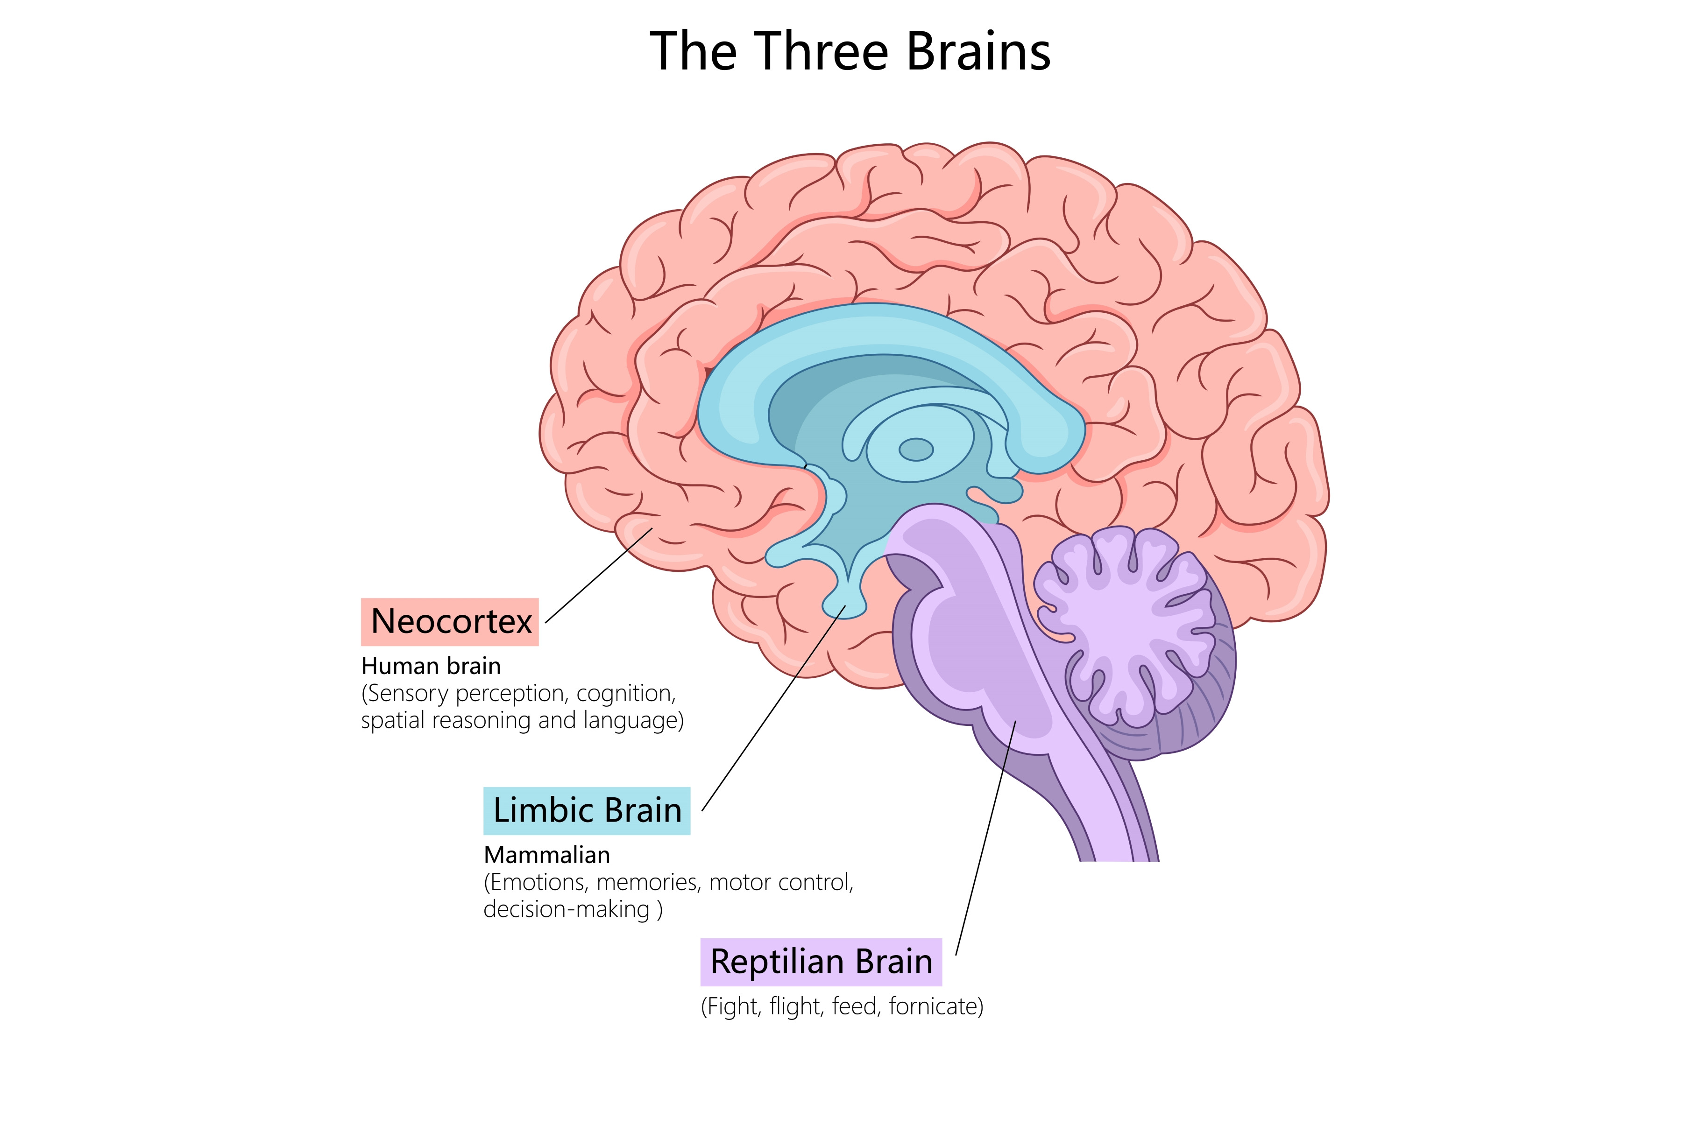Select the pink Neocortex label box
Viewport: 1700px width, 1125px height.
[x=450, y=621]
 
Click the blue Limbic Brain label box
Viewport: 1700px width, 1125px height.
[x=587, y=811]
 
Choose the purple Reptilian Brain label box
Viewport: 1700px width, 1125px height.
[x=821, y=962]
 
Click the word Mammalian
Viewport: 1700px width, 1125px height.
[x=547, y=855]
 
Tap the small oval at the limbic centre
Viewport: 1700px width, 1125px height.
[x=916, y=450]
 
